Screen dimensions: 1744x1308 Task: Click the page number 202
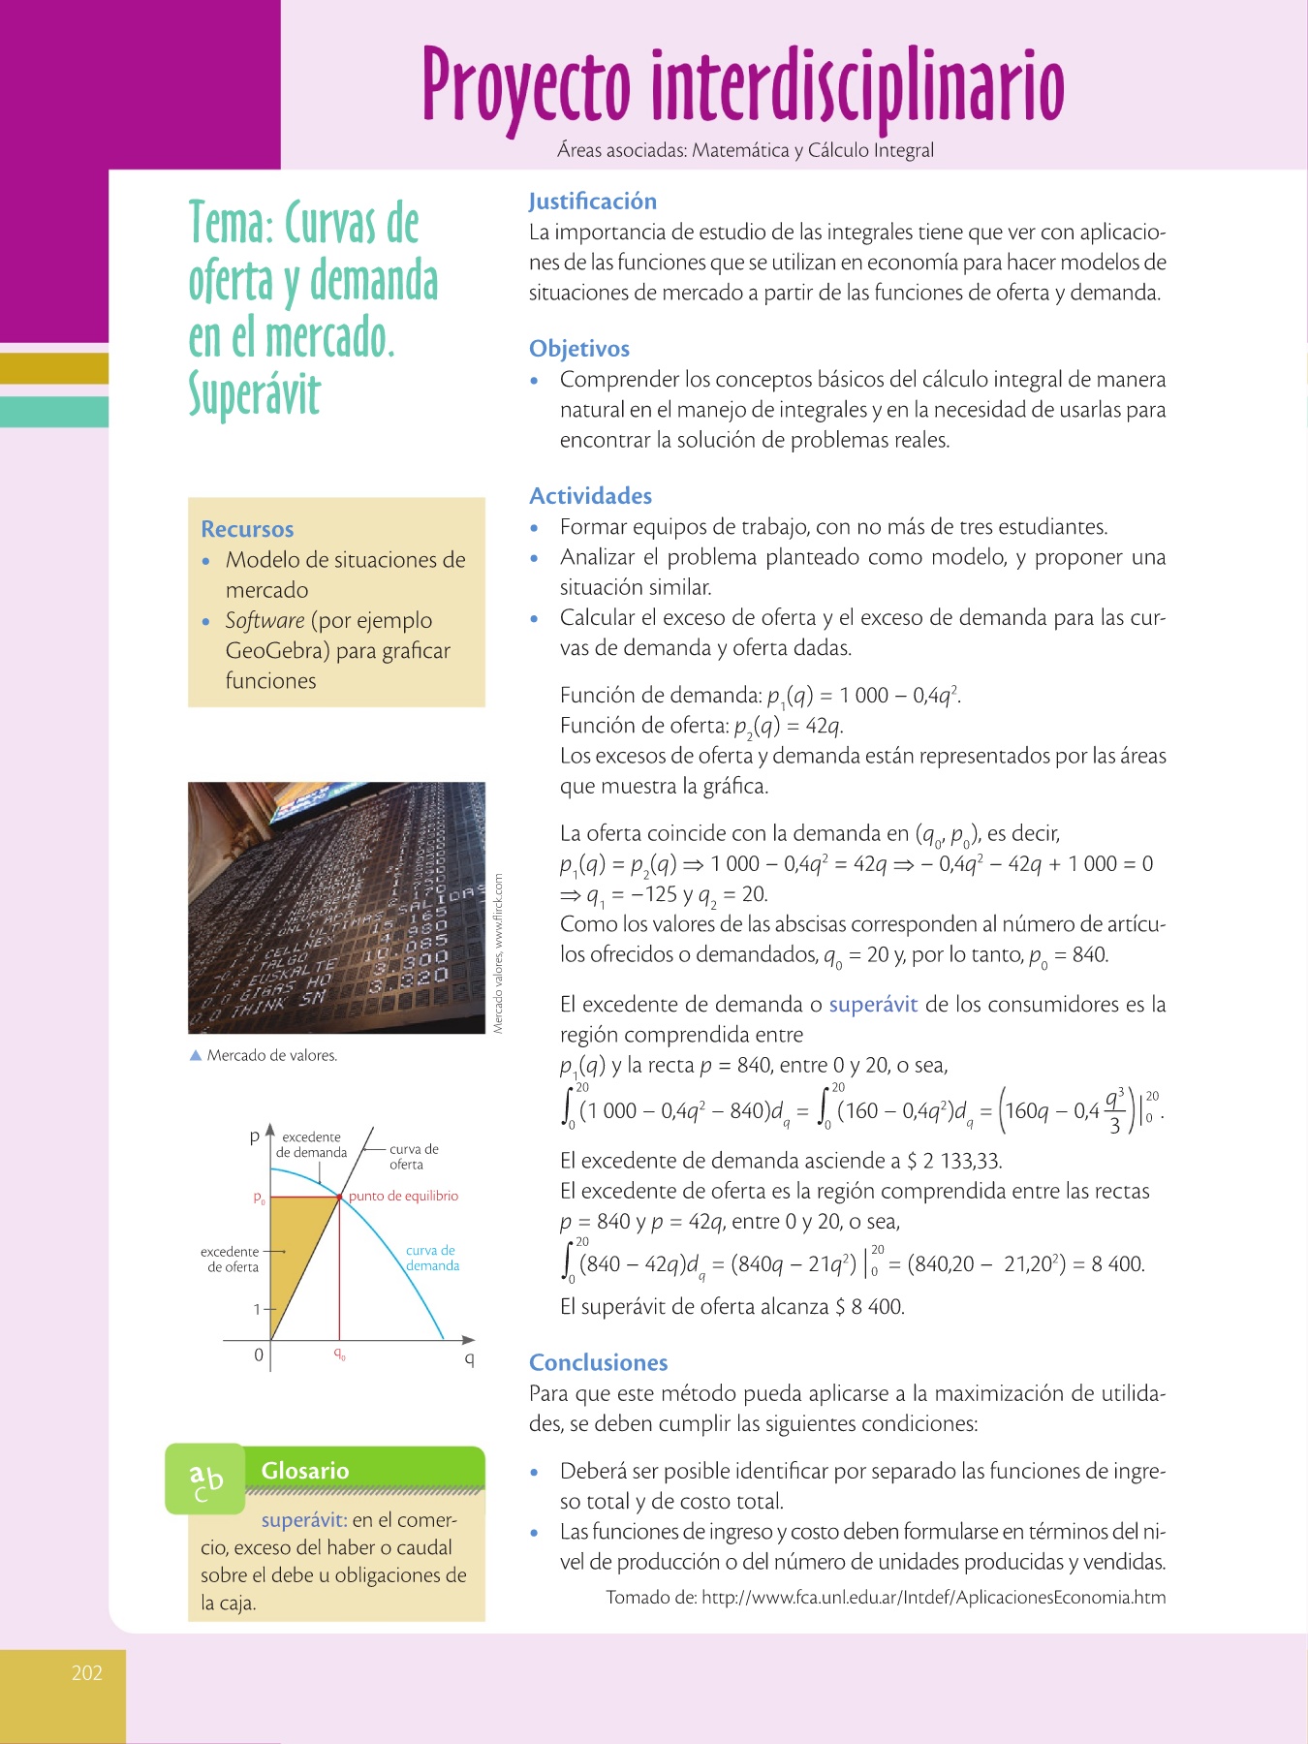tap(87, 1673)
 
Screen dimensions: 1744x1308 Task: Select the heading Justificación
tap(592, 202)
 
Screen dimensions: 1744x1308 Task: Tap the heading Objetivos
tap(578, 349)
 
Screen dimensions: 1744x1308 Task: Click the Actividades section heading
tap(590, 496)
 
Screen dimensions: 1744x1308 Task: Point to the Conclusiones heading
tap(598, 1363)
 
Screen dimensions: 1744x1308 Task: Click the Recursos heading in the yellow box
tap(247, 529)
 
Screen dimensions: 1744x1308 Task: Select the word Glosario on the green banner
tap(305, 1471)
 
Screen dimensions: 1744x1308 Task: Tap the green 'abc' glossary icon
tap(204, 1479)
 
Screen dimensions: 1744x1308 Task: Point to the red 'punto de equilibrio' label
tap(403, 1197)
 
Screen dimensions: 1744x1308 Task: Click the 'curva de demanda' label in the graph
tap(432, 1259)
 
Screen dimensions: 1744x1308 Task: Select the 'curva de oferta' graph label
tap(414, 1157)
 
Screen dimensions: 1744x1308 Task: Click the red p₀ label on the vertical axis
tap(259, 1199)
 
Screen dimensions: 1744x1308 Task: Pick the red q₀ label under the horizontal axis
tap(339, 1354)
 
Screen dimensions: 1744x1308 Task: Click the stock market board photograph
tap(336, 908)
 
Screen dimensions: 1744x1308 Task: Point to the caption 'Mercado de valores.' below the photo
tap(271, 1056)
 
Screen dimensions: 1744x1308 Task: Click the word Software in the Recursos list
tap(265, 620)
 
